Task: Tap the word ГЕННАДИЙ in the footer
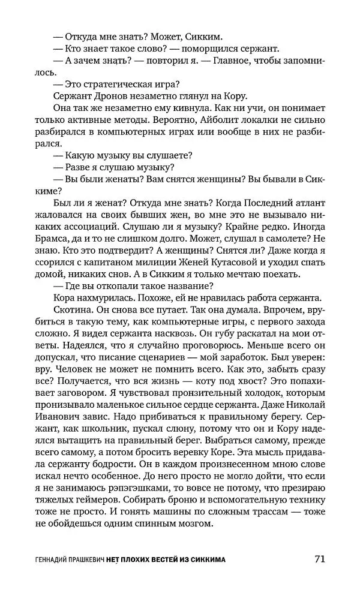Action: [x=54, y=560]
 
